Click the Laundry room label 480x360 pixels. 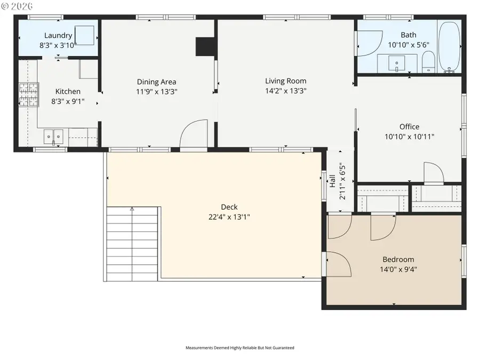pos(58,36)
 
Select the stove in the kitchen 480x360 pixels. pos(29,94)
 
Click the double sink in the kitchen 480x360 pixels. pos(53,137)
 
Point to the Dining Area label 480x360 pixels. pos(156,82)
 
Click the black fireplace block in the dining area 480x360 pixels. pos(205,46)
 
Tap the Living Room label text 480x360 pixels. pos(286,81)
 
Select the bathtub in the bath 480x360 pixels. pos(449,47)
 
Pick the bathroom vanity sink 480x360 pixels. pos(397,63)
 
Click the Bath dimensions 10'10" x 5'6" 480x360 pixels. pos(409,45)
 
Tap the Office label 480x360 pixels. pos(409,126)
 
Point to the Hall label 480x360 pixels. pos(332,181)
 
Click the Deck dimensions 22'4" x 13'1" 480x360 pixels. pos(229,217)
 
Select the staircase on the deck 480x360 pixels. pos(132,243)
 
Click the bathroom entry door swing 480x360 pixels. pos(369,43)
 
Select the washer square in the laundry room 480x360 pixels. pos(84,35)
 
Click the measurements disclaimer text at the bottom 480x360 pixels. pos(239,348)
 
